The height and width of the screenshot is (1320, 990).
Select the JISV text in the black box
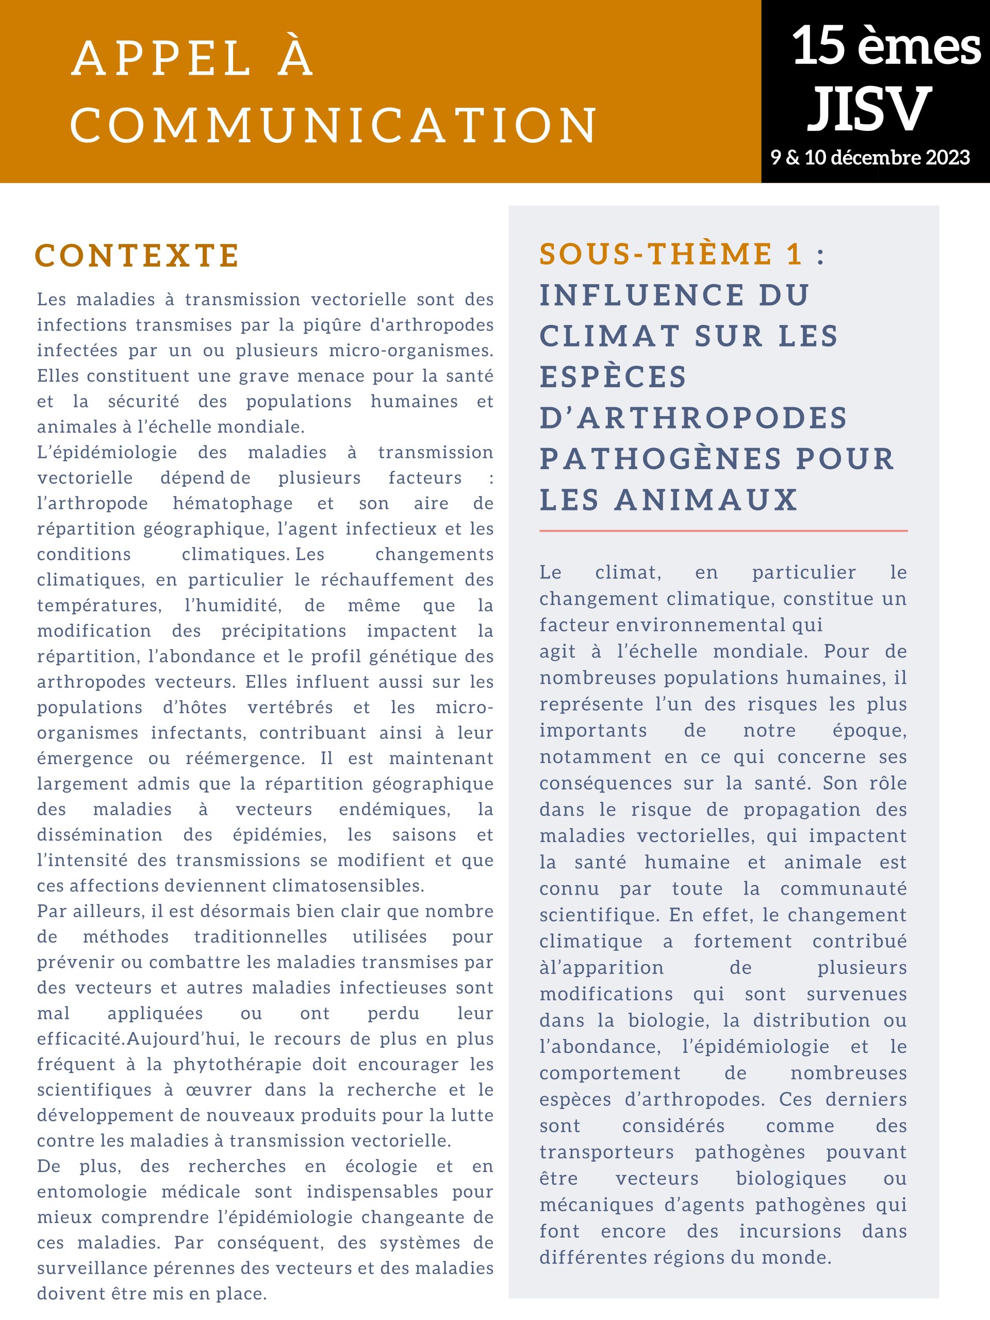(869, 109)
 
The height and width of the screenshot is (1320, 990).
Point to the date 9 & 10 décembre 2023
(870, 158)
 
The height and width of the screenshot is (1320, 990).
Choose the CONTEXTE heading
(137, 255)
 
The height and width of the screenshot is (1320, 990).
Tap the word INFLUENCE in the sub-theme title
(641, 295)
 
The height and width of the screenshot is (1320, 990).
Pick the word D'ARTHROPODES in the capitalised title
(694, 418)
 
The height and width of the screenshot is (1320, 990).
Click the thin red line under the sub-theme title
(723, 530)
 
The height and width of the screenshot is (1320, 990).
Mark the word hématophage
(233, 503)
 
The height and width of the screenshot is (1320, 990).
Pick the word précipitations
(284, 631)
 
